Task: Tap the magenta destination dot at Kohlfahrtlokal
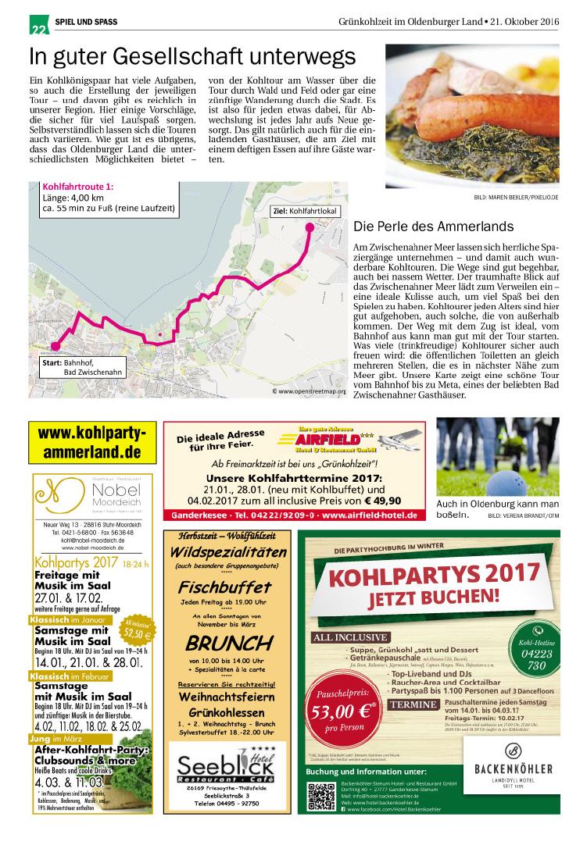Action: coord(309,227)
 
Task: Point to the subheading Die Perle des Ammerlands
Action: coord(433,227)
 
